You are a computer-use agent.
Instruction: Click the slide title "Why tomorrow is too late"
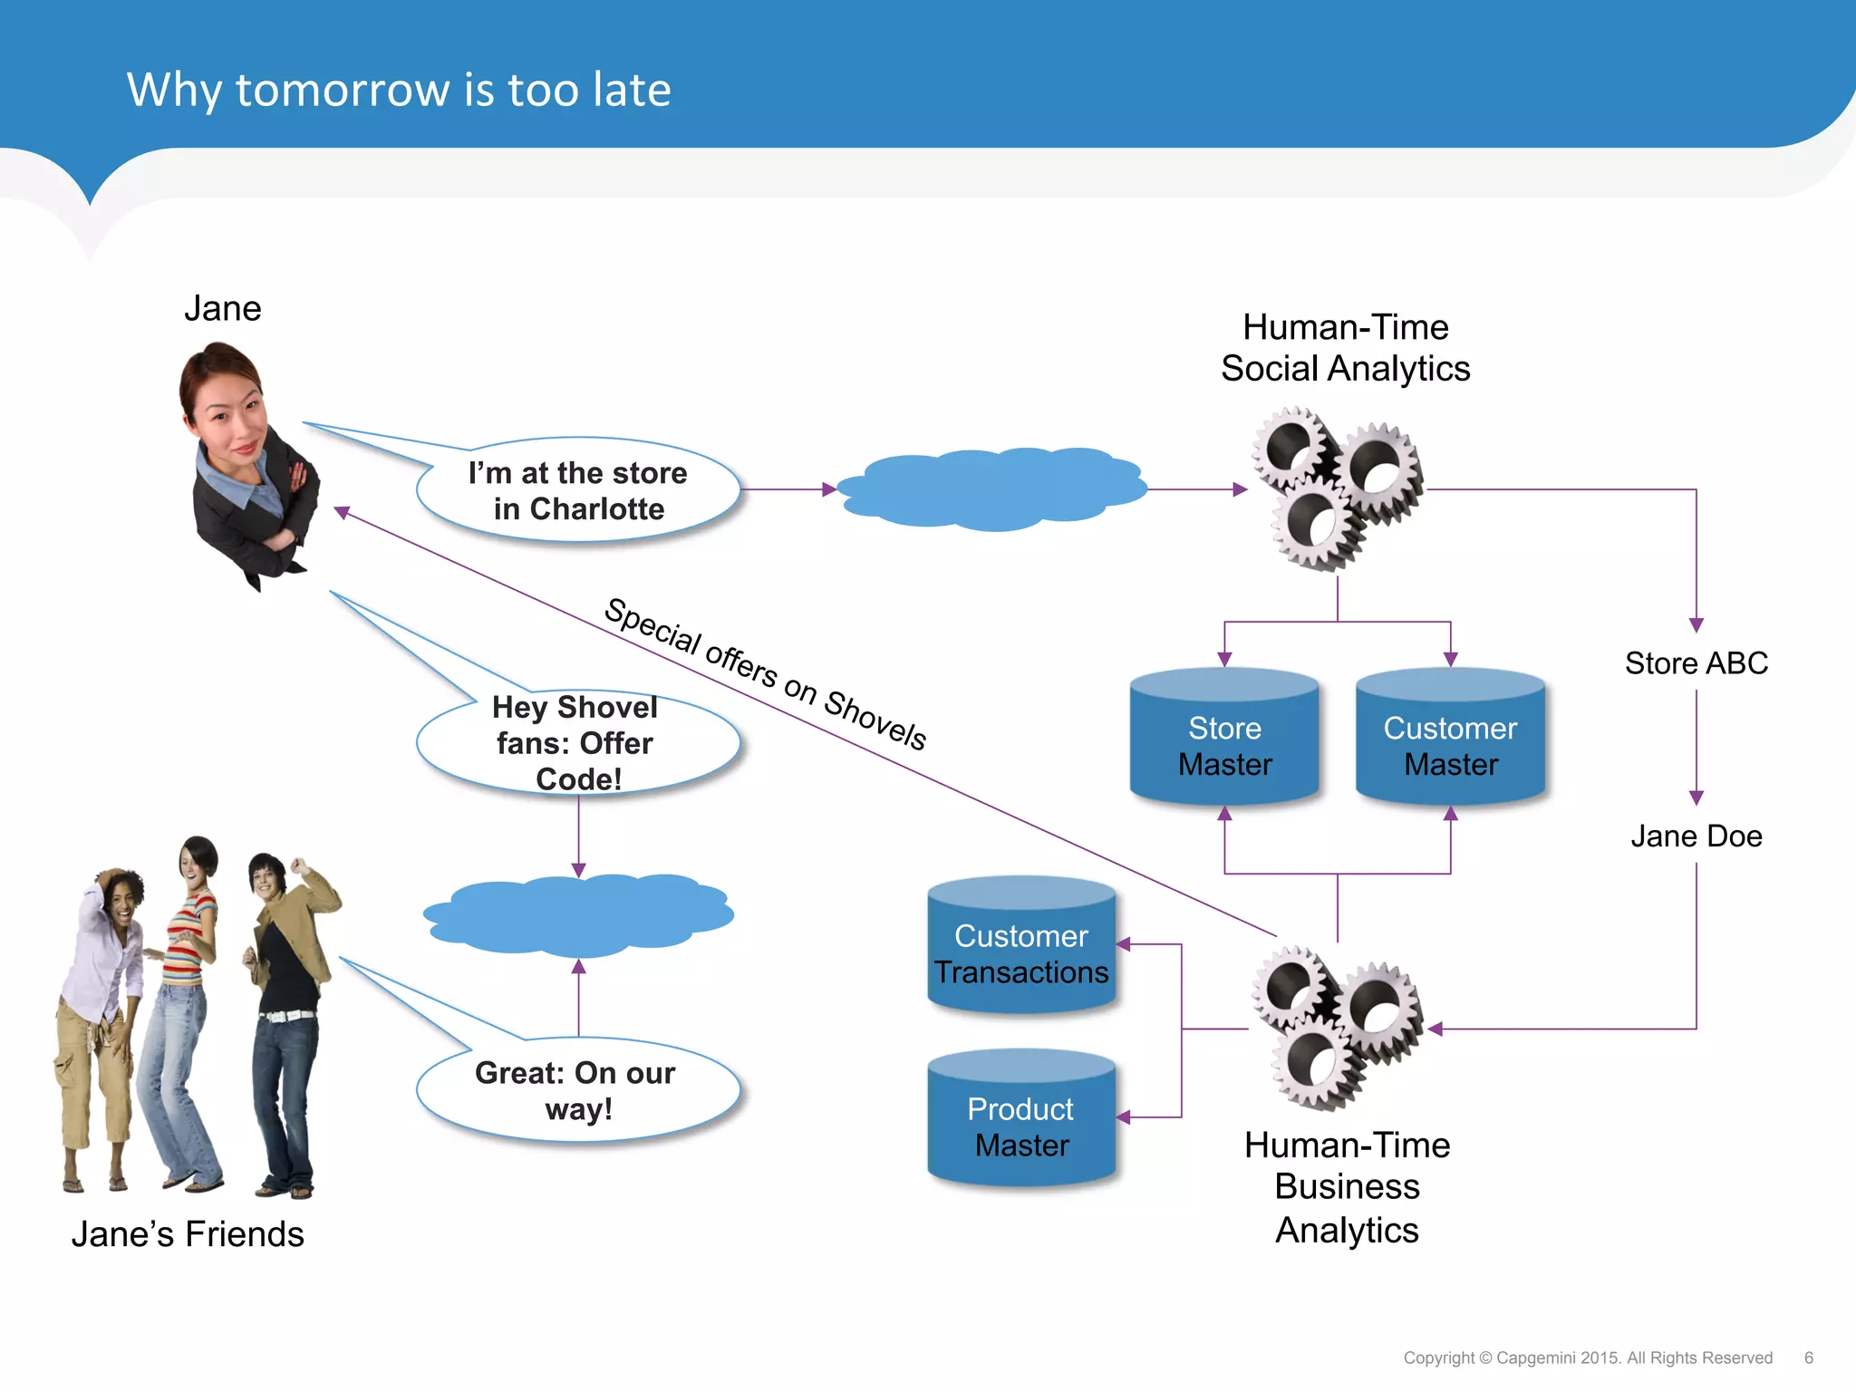tap(399, 90)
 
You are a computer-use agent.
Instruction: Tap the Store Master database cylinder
tap(1224, 739)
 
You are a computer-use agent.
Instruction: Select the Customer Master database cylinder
tap(1450, 739)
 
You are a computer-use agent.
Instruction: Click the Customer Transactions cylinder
tap(1021, 947)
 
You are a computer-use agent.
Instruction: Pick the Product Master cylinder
tap(1021, 1120)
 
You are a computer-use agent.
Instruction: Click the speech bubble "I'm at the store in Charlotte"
tap(578, 490)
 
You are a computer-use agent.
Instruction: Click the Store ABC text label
tap(1696, 663)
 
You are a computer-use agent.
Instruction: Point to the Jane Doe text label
tap(1696, 836)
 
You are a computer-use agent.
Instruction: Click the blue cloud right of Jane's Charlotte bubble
tap(992, 489)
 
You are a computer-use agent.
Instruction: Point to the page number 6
tap(1808, 1358)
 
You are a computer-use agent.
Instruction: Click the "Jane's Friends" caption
tap(188, 1234)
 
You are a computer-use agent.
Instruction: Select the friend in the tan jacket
tap(288, 997)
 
